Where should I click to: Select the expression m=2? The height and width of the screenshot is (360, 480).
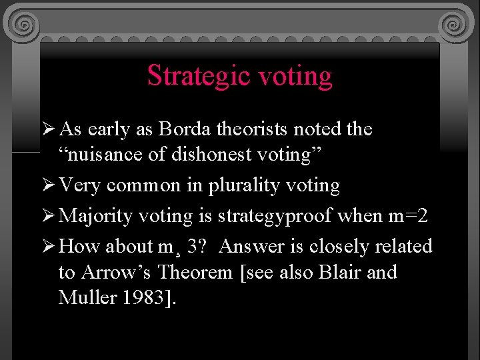(x=407, y=215)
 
